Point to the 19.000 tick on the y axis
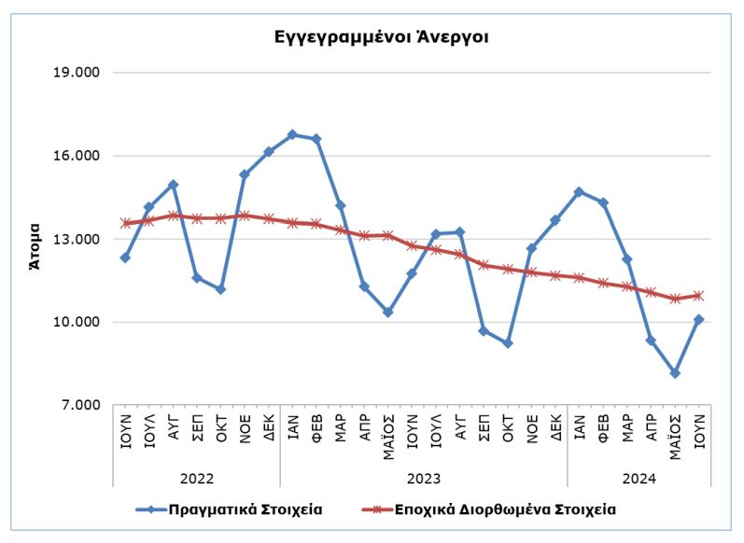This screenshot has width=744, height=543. pyautogui.click(x=81, y=73)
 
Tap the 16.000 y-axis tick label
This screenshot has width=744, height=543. pyautogui.click(x=81, y=156)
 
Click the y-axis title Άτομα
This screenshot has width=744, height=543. pyautogui.click(x=35, y=244)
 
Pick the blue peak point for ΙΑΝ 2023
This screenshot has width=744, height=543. pyautogui.click(x=292, y=134)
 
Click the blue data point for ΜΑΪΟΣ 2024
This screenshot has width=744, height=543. pyautogui.click(x=675, y=373)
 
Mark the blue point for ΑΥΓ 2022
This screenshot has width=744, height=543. pyautogui.click(x=174, y=185)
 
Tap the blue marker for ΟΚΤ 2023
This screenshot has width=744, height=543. pyautogui.click(x=508, y=343)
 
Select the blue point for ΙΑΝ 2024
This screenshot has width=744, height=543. pyautogui.click(x=580, y=192)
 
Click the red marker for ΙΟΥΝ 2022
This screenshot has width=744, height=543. pyautogui.click(x=125, y=224)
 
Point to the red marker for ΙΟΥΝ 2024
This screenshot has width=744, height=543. pyautogui.click(x=698, y=296)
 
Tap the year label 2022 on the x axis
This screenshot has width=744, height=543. pyautogui.click(x=197, y=479)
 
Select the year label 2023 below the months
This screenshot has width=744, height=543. pyautogui.click(x=424, y=479)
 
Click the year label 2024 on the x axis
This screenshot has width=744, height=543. pyautogui.click(x=639, y=479)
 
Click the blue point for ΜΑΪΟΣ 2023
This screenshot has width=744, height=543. pyautogui.click(x=388, y=312)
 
